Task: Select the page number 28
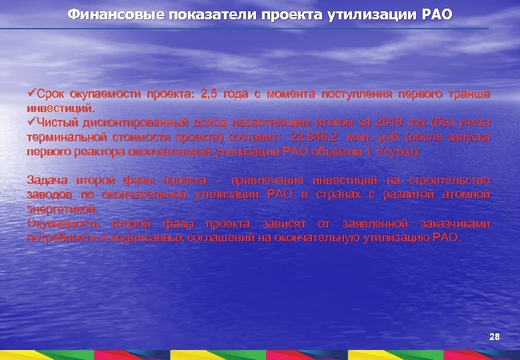click(494, 337)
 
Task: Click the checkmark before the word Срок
click(31, 94)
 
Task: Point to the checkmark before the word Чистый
click(31, 122)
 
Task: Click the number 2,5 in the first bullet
click(209, 95)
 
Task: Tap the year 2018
click(389, 123)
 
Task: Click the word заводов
click(48, 194)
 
